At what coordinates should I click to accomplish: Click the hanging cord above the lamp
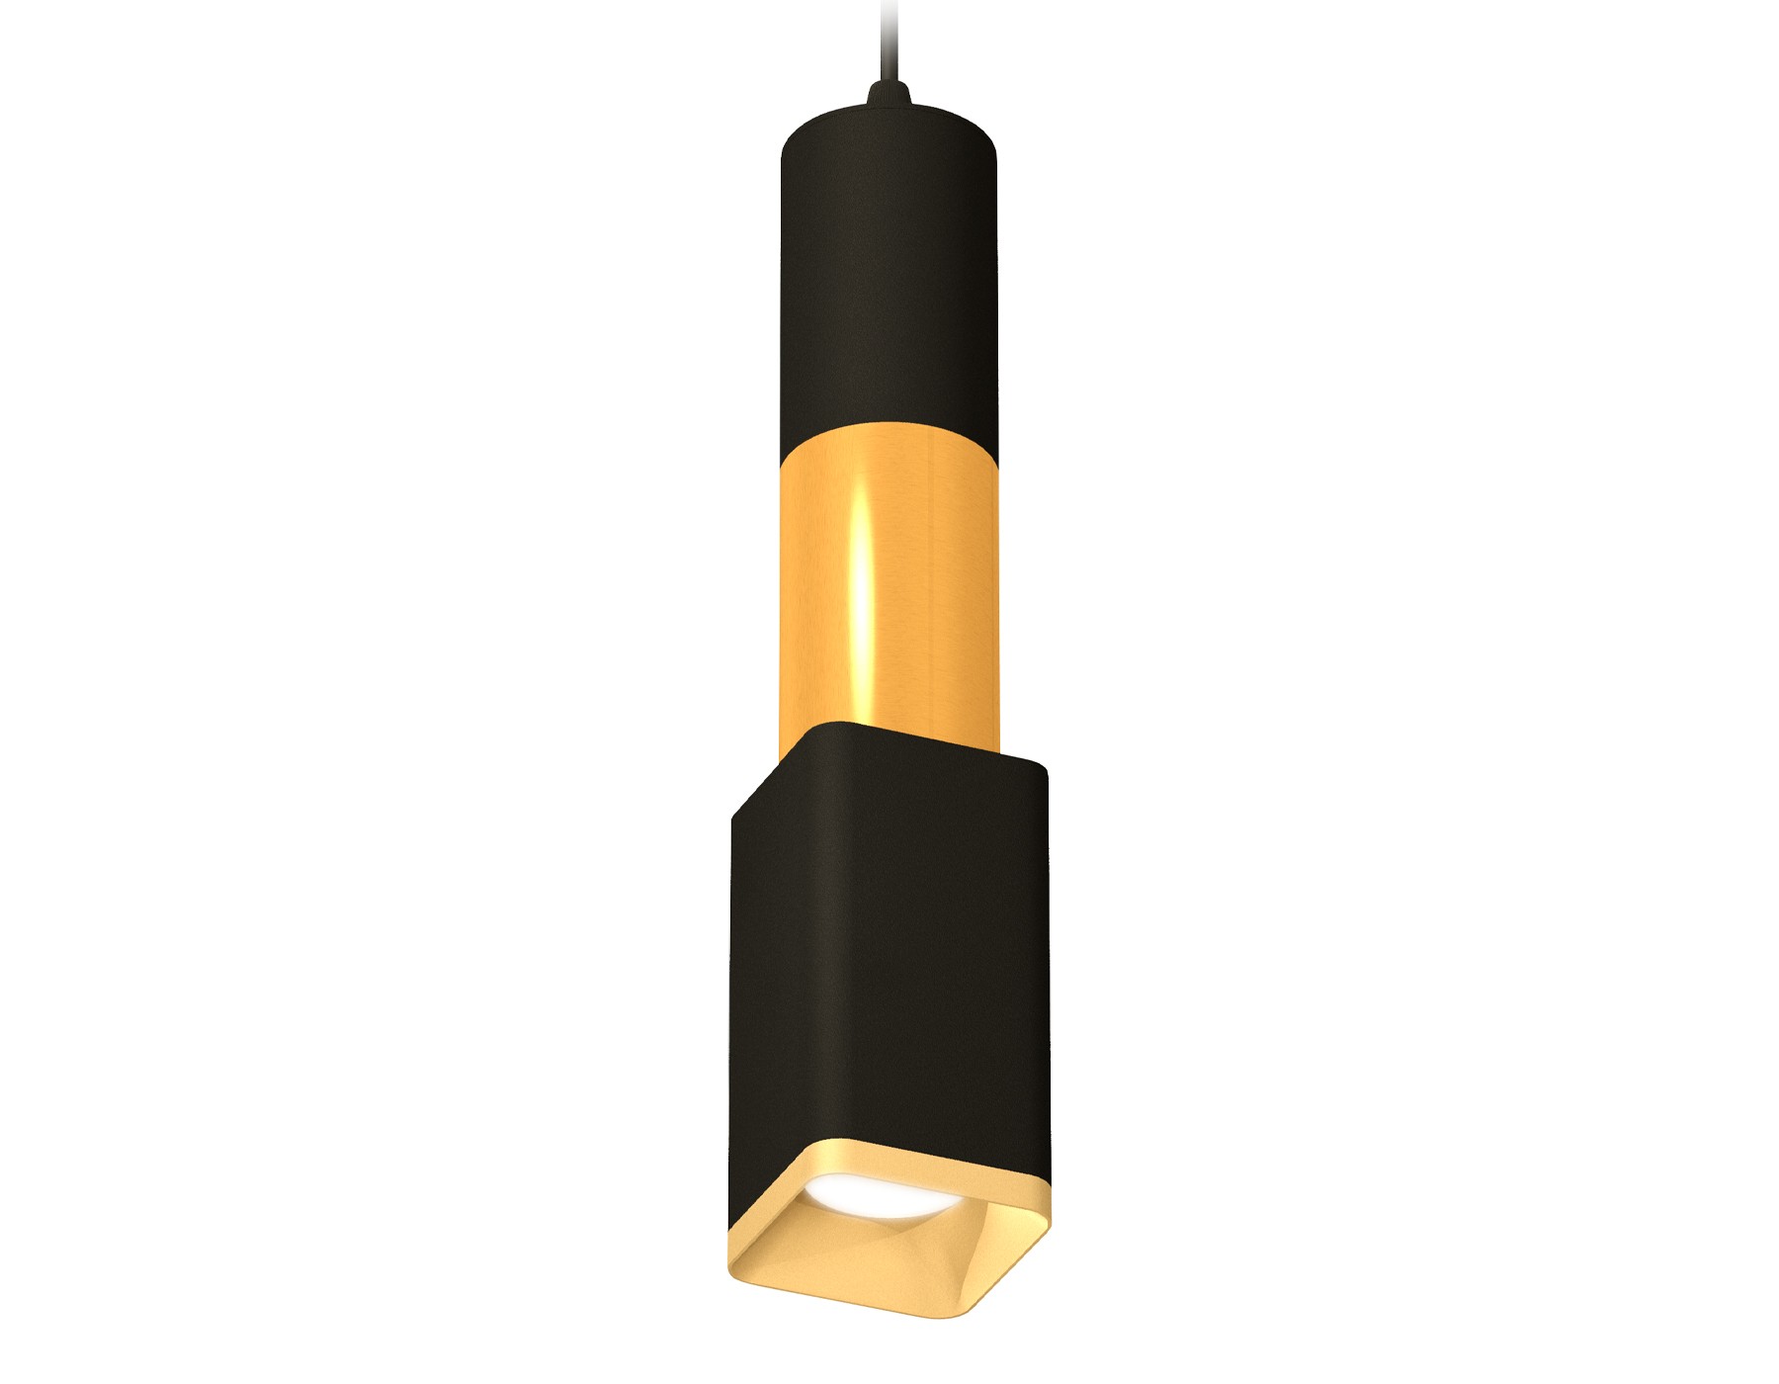pyautogui.click(x=884, y=40)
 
